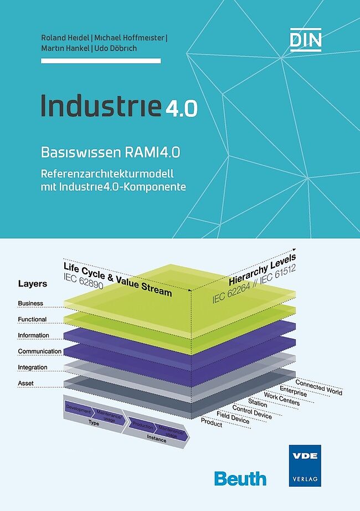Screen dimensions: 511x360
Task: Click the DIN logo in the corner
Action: pyautogui.click(x=305, y=40)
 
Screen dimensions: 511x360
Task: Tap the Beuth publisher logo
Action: pyautogui.click(x=240, y=478)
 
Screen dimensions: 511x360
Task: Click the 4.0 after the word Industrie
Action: pyautogui.click(x=181, y=108)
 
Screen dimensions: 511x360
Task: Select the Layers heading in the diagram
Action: pyautogui.click(x=32, y=284)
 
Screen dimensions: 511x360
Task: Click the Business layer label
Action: pyautogui.click(x=30, y=304)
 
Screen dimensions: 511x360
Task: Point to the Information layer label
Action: pyautogui.click(x=33, y=335)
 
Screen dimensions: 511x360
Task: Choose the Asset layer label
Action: pyautogui.click(x=25, y=383)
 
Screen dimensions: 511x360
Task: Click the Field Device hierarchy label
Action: pyautogui.click(x=233, y=417)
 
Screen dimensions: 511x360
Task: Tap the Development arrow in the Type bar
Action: pyautogui.click(x=78, y=407)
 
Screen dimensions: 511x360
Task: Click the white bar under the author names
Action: pyautogui.click(x=101, y=60)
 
